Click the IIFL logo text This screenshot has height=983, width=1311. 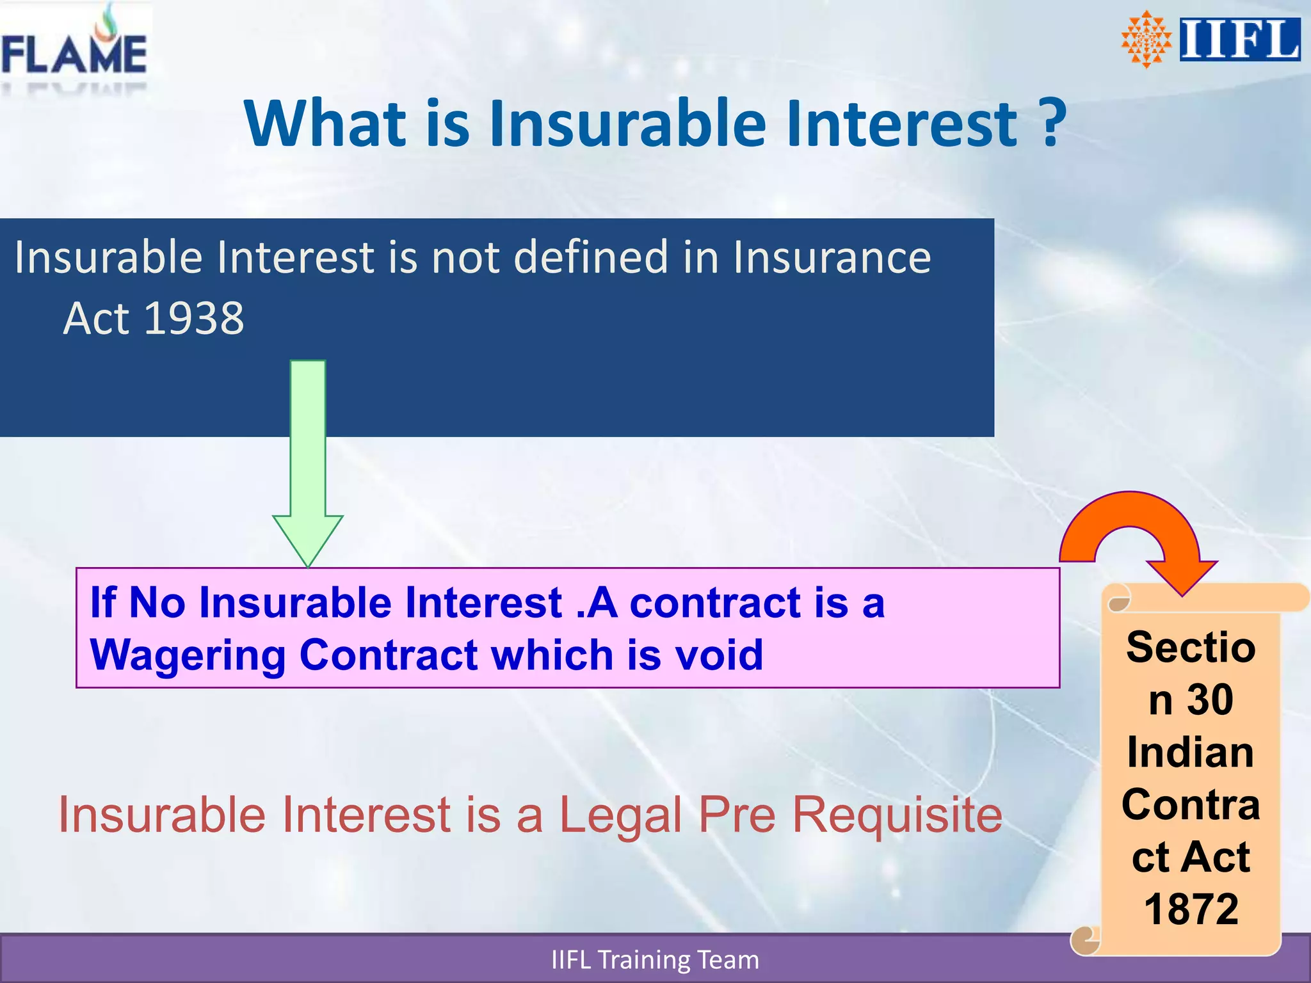click(1239, 40)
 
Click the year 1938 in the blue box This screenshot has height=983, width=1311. click(194, 318)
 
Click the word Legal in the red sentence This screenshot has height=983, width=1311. click(620, 815)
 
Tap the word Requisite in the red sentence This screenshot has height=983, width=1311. click(897, 815)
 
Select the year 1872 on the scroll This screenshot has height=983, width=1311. click(1191, 909)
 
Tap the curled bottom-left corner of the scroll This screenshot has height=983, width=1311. click(1085, 940)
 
